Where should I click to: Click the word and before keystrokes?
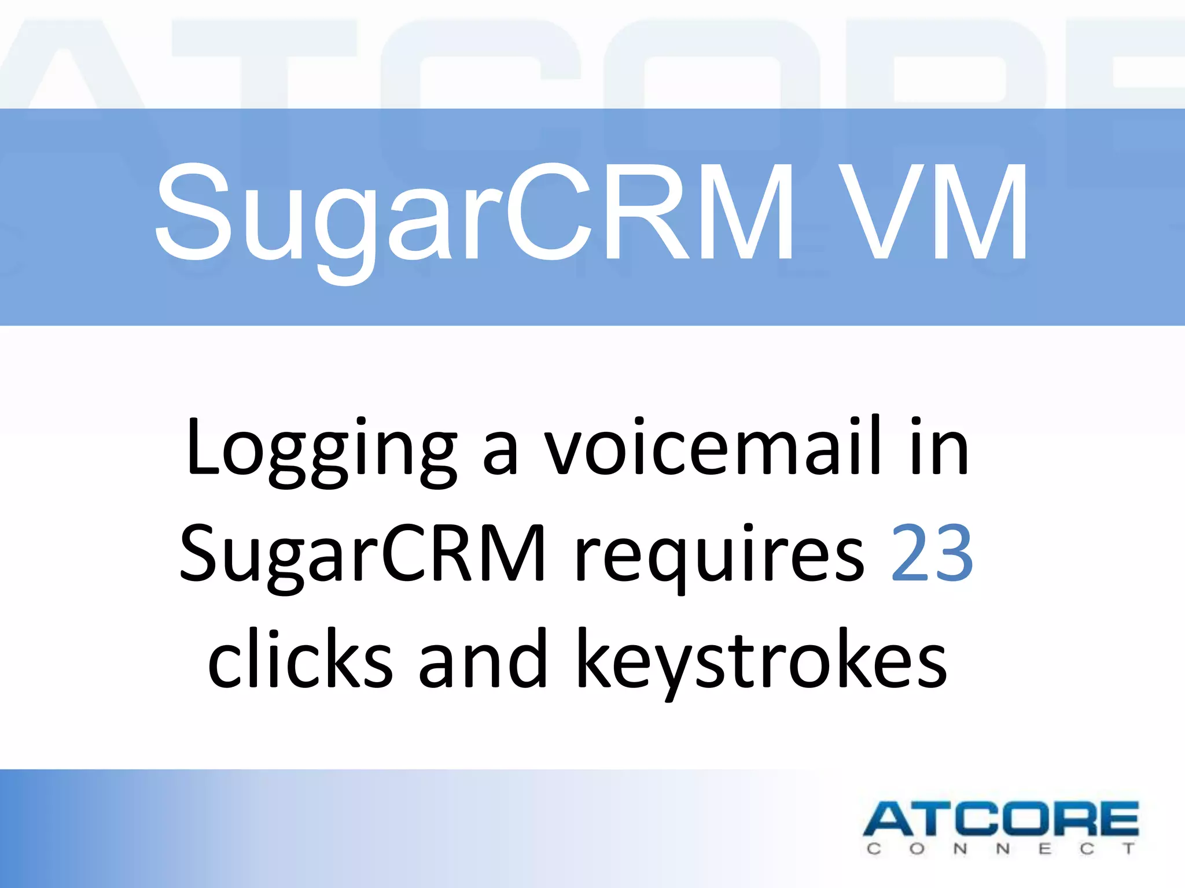click(483, 659)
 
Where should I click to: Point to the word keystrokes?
click(761, 662)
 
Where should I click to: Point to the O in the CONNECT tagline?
click(917, 849)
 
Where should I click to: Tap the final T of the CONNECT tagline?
click(1128, 849)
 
